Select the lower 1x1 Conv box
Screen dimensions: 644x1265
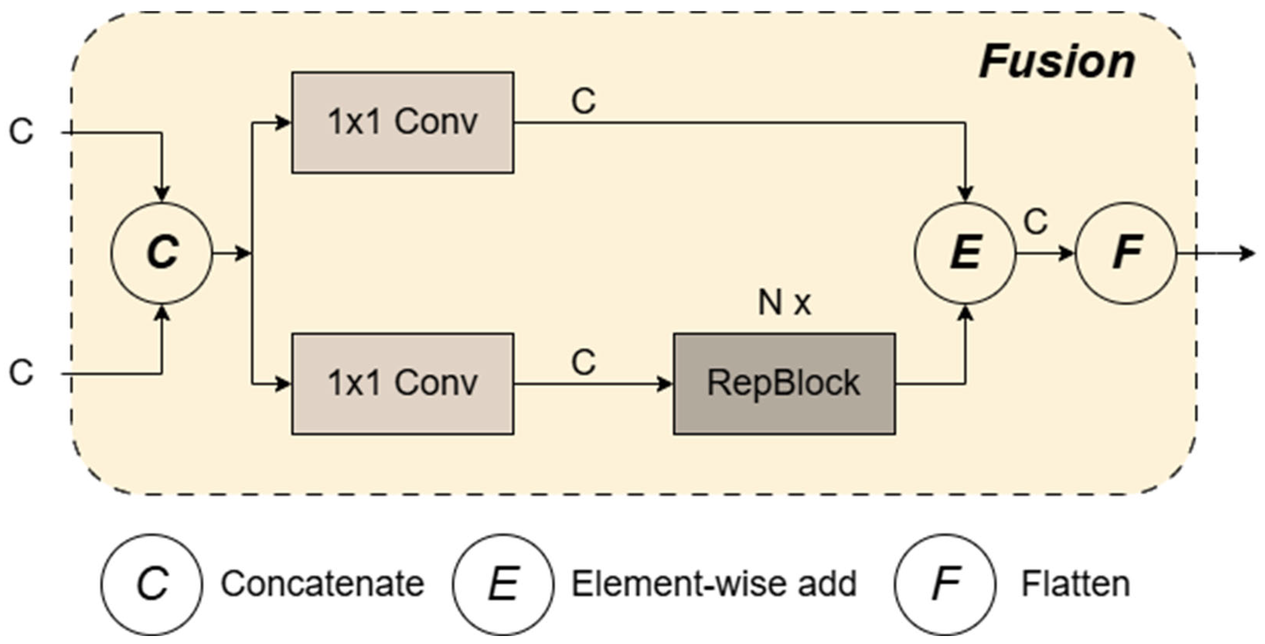pyautogui.click(x=403, y=383)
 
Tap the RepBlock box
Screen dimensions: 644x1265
pyautogui.click(x=784, y=383)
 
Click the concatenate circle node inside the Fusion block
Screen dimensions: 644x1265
pyautogui.click(x=162, y=253)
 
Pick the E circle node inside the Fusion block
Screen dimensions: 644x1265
pyautogui.click(x=965, y=253)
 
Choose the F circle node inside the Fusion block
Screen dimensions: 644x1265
pyautogui.click(x=1126, y=253)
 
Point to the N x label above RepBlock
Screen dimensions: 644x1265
pyautogui.click(x=784, y=303)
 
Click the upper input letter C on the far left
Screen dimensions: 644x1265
pyautogui.click(x=22, y=132)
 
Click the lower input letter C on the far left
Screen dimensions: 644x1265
pyautogui.click(x=22, y=372)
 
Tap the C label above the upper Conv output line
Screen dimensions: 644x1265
pyautogui.click(x=583, y=102)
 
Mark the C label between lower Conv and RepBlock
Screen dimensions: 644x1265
pyautogui.click(x=583, y=363)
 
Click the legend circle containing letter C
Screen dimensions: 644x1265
pyautogui.click(x=152, y=584)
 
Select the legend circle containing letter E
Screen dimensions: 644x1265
pyautogui.click(x=503, y=584)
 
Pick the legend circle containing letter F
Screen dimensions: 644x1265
pyautogui.click(x=945, y=584)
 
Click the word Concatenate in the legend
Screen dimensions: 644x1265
pyautogui.click(x=322, y=584)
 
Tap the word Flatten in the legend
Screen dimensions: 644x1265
pyautogui.click(x=1076, y=584)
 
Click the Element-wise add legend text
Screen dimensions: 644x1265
pyautogui.click(x=714, y=584)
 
